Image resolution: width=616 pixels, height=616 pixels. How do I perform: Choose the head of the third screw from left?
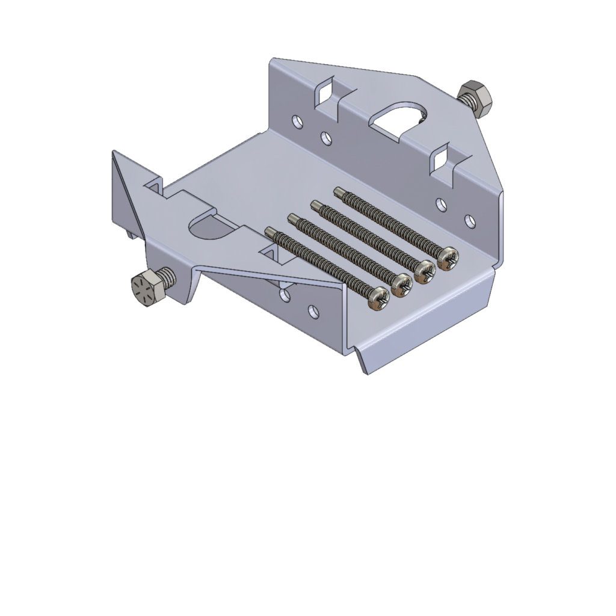(425, 271)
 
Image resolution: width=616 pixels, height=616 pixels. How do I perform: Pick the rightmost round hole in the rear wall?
(469, 221)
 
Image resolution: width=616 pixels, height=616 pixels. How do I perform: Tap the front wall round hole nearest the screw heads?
(312, 310)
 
